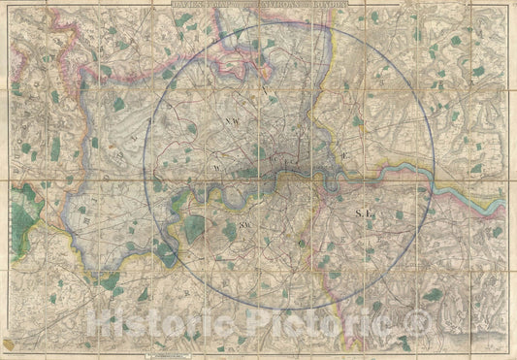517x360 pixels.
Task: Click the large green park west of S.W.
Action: (x=197, y=229)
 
